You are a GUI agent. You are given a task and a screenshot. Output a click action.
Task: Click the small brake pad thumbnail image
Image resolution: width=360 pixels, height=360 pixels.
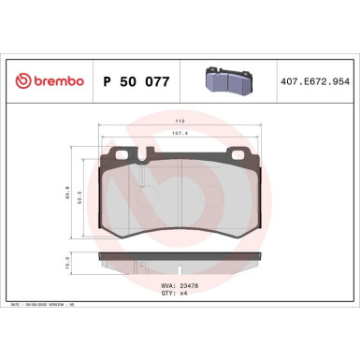[230, 82]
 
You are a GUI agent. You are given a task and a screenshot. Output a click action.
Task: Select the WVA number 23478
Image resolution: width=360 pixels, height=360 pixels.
[194, 283]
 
